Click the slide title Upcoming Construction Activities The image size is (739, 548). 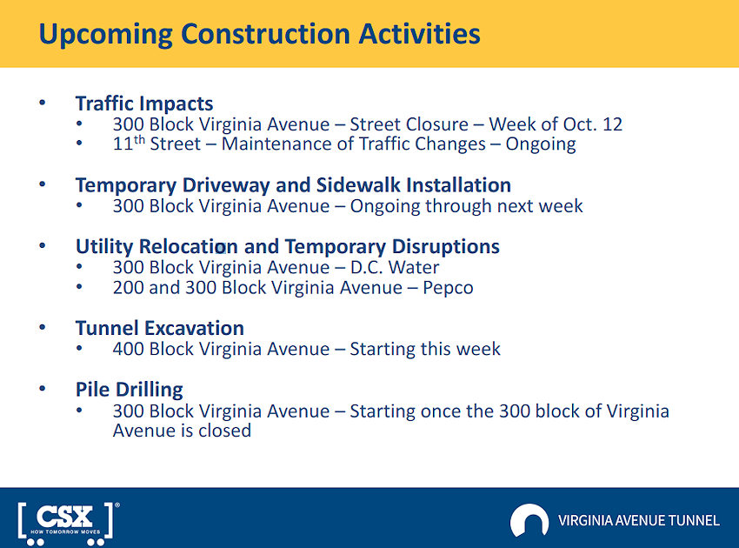(x=259, y=35)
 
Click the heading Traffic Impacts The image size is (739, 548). (x=144, y=104)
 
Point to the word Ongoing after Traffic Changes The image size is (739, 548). (x=541, y=144)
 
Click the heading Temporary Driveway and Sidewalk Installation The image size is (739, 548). (x=293, y=185)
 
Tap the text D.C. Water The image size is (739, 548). (x=395, y=267)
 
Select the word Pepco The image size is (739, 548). (x=448, y=288)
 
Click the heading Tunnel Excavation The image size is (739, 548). (x=160, y=328)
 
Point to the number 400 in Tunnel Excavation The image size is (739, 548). (x=128, y=349)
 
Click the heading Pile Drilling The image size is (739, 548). (x=130, y=390)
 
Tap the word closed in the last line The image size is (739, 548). (x=225, y=431)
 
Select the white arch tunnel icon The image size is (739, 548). (x=529, y=520)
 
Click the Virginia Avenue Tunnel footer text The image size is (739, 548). (x=639, y=521)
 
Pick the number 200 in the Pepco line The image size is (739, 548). (x=128, y=288)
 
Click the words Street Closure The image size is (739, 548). (x=409, y=124)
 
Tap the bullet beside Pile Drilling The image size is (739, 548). (x=43, y=389)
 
